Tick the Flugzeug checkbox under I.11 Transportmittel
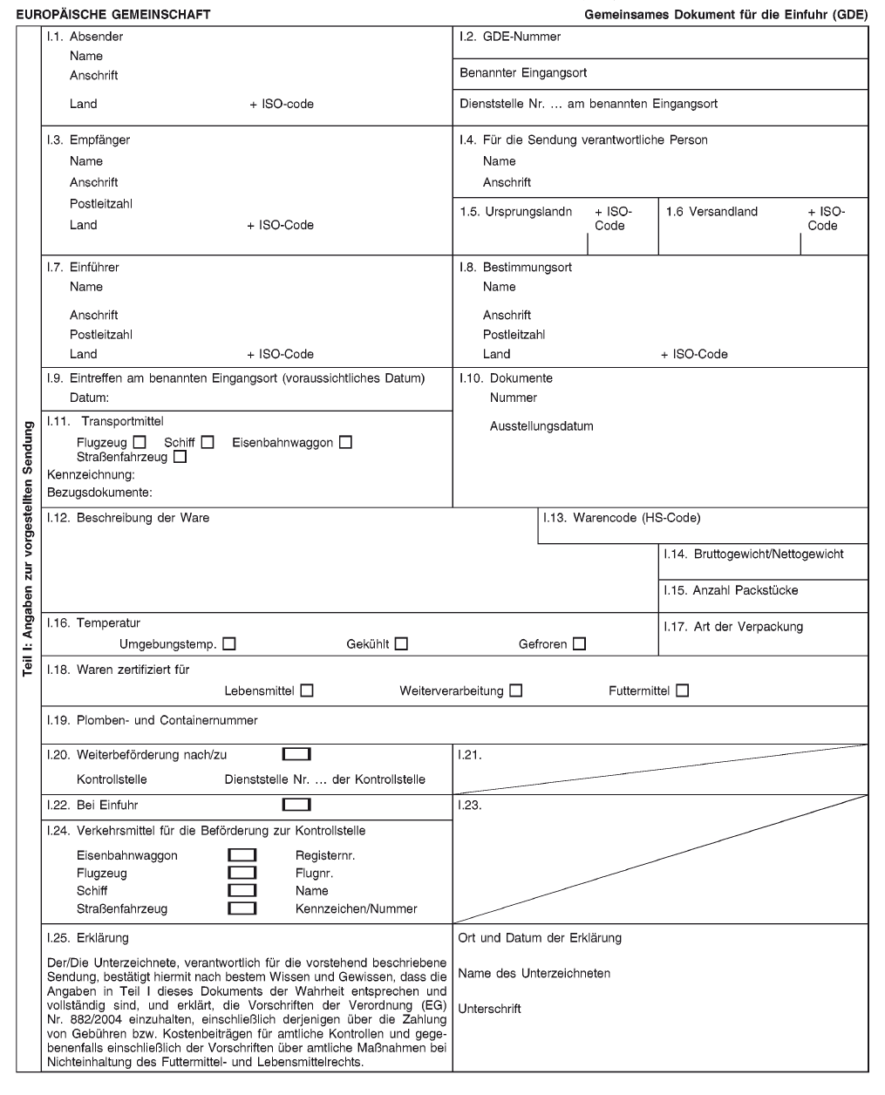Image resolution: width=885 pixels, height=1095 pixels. point(140,443)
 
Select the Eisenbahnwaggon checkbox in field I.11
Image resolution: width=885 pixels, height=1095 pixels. point(346,443)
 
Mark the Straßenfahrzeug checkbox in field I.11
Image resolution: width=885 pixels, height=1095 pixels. point(180,457)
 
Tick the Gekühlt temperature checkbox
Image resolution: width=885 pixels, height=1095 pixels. point(401,644)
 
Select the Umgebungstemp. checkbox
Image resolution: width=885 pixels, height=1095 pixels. point(229,644)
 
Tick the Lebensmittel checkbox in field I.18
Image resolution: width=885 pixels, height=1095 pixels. point(307,690)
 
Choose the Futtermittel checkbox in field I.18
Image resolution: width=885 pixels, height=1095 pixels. point(682,690)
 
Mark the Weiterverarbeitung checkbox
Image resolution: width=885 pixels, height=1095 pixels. point(516,690)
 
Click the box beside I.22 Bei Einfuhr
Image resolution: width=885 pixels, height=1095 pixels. point(296,805)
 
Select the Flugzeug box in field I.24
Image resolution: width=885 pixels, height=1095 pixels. point(242,873)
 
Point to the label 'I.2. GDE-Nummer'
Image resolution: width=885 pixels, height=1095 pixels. point(510,37)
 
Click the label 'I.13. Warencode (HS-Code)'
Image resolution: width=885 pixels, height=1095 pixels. point(622,518)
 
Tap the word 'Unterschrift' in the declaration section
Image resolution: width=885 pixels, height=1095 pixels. point(489,1009)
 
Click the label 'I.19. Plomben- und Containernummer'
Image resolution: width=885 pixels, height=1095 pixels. point(153,720)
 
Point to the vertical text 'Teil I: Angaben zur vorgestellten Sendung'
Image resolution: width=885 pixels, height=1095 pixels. point(29,549)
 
